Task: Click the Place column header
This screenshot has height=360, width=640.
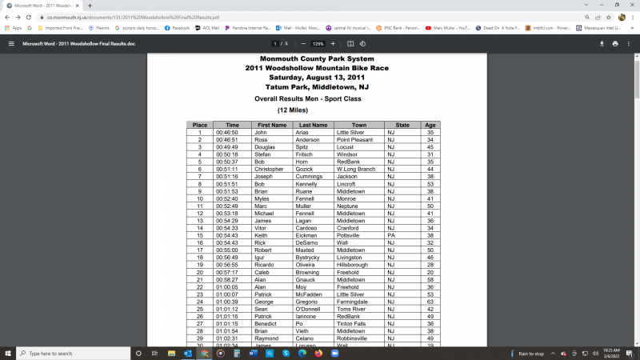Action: pos(200,125)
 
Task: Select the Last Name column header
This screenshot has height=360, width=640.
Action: pos(313,125)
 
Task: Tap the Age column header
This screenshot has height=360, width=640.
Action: pos(430,125)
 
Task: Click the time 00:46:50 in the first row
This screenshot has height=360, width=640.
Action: pos(227,133)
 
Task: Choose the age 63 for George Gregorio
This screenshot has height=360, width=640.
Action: pos(430,302)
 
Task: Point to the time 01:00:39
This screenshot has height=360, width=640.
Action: pos(227,302)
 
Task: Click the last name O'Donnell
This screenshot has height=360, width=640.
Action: pos(313,309)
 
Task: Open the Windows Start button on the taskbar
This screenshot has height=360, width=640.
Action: pos(8,353)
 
